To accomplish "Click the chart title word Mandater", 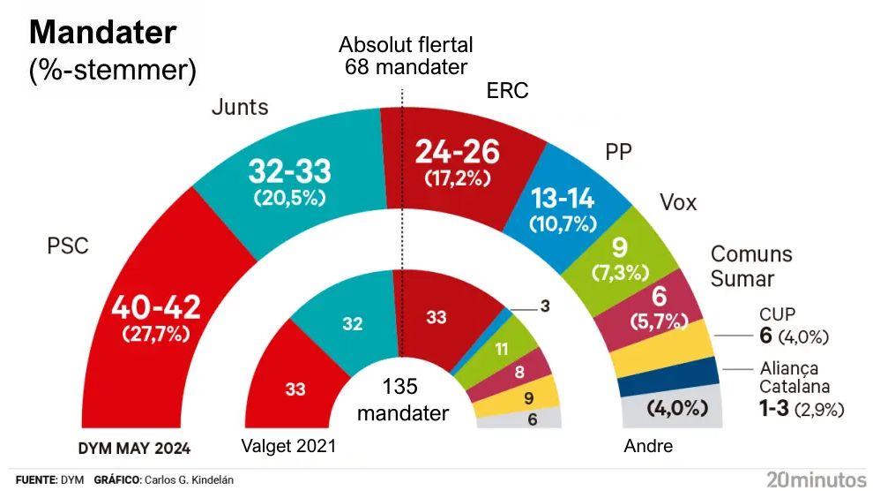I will tap(103, 33).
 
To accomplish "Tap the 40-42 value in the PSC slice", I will tap(156, 308).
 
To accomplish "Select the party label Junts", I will tap(240, 108).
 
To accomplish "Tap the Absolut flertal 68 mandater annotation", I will tap(406, 55).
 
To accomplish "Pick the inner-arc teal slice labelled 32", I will tap(352, 324).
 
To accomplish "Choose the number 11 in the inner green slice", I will tap(501, 349).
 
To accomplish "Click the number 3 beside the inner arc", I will tap(545, 306).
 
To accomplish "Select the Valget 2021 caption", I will tap(288, 446).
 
